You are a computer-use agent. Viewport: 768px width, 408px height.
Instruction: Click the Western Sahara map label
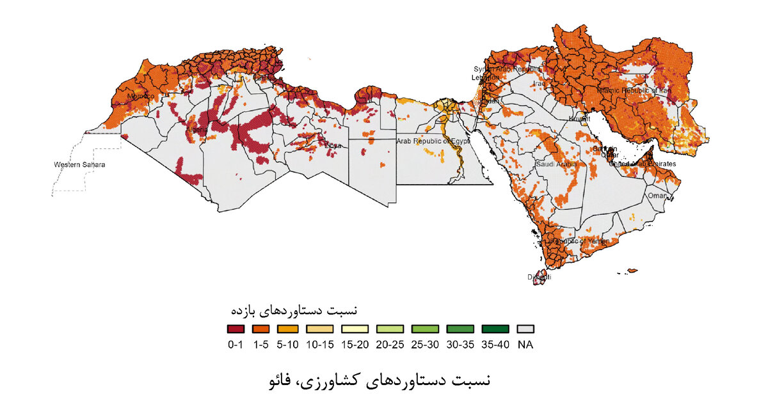79,164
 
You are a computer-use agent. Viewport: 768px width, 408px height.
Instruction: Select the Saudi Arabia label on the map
556,164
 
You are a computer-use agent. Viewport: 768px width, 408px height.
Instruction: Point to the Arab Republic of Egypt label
433,141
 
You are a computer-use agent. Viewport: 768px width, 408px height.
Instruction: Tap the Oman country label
657,196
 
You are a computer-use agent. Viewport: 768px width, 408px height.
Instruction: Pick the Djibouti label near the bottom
538,277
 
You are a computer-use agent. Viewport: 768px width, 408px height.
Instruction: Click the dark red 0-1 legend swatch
236,329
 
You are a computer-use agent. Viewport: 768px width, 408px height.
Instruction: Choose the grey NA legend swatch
525,329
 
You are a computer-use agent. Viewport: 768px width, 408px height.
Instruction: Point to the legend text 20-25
388,345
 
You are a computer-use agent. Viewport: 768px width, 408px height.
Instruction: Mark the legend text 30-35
460,345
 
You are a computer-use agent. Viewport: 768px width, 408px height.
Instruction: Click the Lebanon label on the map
485,77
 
